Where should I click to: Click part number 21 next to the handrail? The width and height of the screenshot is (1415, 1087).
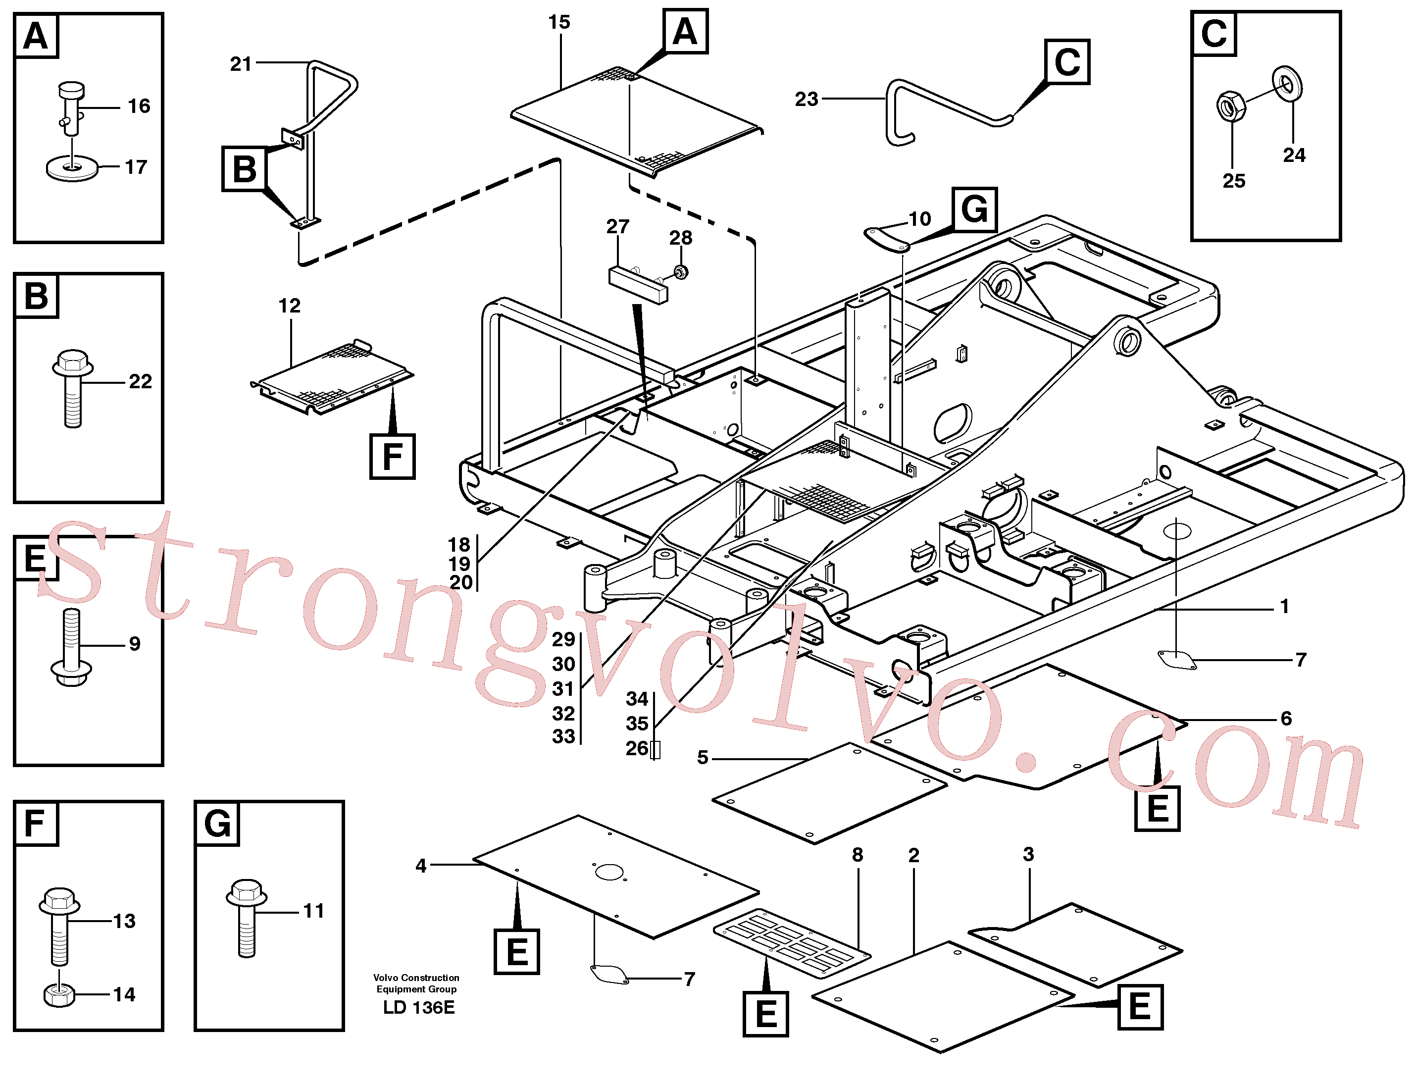[x=241, y=64]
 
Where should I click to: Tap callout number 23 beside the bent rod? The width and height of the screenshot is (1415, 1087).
[x=807, y=100]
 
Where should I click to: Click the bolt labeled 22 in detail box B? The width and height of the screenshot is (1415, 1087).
[x=72, y=388]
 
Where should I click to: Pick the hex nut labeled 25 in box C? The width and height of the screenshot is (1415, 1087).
[x=1231, y=106]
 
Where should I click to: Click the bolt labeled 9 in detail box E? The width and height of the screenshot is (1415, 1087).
[x=71, y=647]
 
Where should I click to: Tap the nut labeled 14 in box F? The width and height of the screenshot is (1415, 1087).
[x=59, y=995]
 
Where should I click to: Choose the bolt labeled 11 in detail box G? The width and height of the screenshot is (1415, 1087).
[x=247, y=918]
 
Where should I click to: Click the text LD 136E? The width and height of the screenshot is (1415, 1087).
[x=418, y=1007]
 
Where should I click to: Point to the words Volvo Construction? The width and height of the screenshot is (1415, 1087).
[x=416, y=978]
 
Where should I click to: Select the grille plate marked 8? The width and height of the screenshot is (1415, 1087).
[x=792, y=944]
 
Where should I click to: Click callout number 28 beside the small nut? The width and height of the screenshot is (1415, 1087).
[x=680, y=238]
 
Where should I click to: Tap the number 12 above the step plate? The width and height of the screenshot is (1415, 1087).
[x=290, y=306]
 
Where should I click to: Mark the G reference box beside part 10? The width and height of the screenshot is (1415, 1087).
[x=974, y=209]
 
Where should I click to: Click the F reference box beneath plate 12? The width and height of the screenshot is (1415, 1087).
[x=393, y=457]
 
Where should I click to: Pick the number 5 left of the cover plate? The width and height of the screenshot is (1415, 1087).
[x=703, y=758]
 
